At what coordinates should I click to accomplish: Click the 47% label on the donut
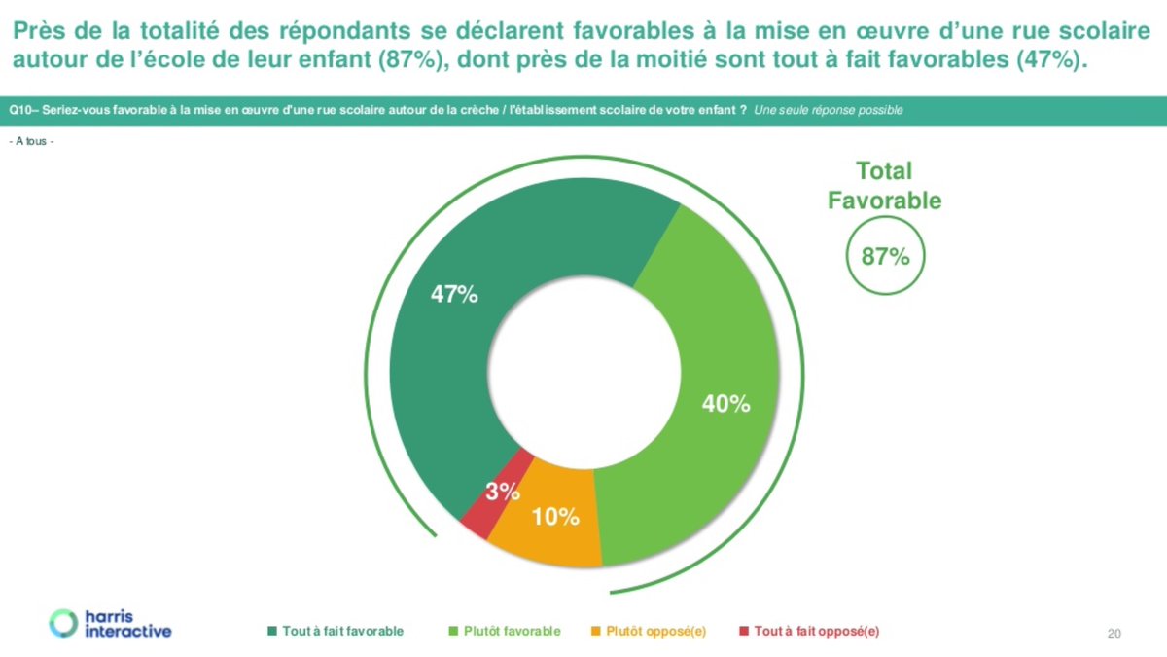pyautogui.click(x=454, y=295)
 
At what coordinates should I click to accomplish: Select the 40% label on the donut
pyautogui.click(x=725, y=404)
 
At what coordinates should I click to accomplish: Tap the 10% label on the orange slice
pyautogui.click(x=556, y=517)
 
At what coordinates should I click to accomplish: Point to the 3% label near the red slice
pyautogui.click(x=503, y=493)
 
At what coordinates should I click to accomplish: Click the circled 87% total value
pyautogui.click(x=885, y=257)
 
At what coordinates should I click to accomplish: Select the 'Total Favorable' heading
pyautogui.click(x=884, y=186)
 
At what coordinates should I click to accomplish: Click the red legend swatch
pyautogui.click(x=744, y=631)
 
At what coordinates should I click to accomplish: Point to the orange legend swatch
pyautogui.click(x=595, y=631)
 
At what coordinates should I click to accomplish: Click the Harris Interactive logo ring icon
pyautogui.click(x=63, y=623)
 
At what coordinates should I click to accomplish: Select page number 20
pyautogui.click(x=1114, y=635)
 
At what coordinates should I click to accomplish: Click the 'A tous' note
pyautogui.click(x=31, y=141)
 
